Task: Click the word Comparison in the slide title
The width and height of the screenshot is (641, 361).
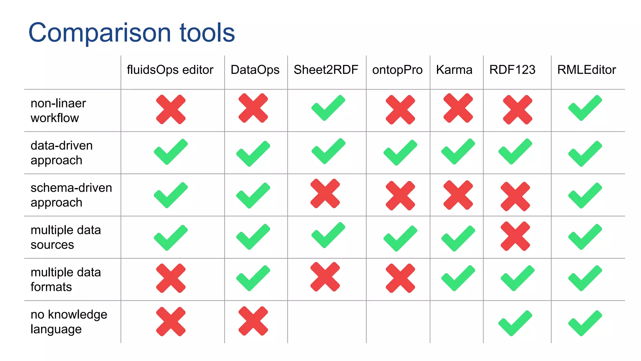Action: click(100, 33)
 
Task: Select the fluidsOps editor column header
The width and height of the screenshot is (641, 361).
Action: click(170, 70)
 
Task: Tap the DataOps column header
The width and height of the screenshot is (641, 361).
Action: click(255, 70)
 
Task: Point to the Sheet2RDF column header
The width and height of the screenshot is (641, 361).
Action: click(326, 70)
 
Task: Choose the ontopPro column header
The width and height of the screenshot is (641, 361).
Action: click(397, 70)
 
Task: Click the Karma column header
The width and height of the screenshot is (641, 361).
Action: click(454, 70)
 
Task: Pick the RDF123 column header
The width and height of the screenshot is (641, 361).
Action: click(512, 70)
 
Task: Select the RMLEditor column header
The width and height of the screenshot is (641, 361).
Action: click(586, 70)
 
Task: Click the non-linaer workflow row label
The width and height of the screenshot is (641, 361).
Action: click(58, 110)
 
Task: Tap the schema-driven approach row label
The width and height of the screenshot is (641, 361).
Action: click(71, 195)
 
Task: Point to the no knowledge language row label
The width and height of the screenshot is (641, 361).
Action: click(69, 322)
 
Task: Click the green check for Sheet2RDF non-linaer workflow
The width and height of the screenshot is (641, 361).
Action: click(328, 108)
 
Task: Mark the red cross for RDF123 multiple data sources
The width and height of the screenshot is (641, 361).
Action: click(515, 236)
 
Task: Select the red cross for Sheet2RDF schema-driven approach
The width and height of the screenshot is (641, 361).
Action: click(325, 193)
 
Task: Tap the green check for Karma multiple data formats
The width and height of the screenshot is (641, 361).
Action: click(458, 278)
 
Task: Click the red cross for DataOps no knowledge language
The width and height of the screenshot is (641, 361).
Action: click(253, 321)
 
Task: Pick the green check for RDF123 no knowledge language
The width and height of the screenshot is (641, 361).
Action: click(515, 323)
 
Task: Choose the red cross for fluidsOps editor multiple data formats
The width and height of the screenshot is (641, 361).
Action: click(171, 278)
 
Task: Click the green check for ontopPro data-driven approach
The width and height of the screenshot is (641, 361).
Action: click(400, 153)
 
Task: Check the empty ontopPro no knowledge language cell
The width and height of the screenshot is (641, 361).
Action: click(398, 322)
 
